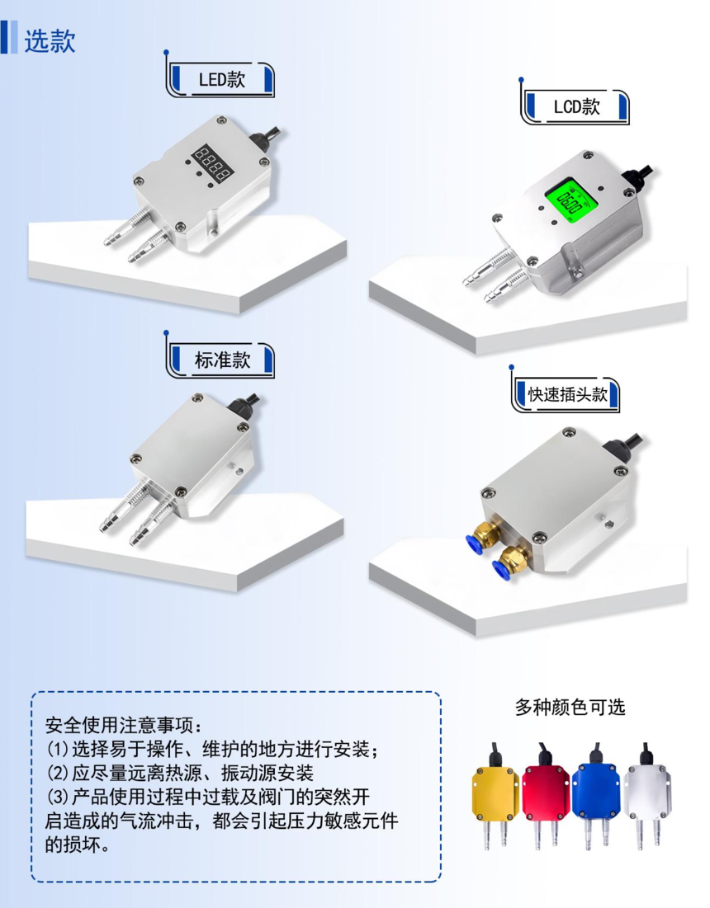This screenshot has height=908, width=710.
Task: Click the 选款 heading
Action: pos(50,41)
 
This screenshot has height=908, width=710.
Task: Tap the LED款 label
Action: pos(222,79)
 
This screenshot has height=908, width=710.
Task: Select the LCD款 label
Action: pos(577,106)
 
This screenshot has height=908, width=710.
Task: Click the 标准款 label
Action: pos(223,360)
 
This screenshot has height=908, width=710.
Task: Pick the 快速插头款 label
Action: pos(567,394)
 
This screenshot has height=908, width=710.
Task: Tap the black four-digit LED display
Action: pos(213,163)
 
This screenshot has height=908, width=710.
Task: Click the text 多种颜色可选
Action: pos(570,707)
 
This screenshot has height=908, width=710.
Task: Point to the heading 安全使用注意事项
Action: pos(119,724)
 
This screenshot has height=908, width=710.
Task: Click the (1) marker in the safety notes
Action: pos(58,749)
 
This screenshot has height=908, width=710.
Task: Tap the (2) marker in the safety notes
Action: pos(58,773)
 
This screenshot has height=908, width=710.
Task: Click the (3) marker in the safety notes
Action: pos(58,797)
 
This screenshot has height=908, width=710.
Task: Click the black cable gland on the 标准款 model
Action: pos(243,406)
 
